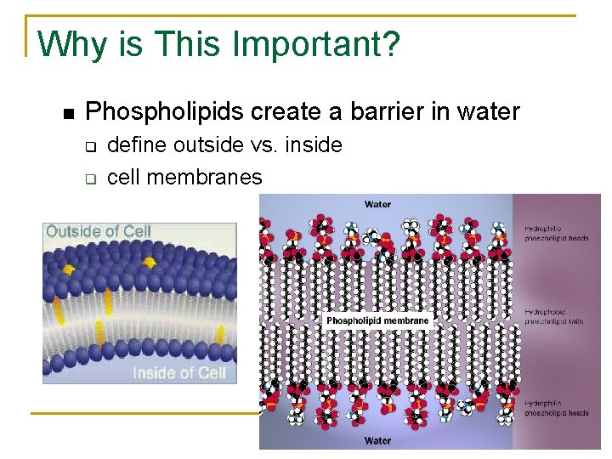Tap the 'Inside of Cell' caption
[178, 372]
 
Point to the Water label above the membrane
[377, 204]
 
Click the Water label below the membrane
[377, 440]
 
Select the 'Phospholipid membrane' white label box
[378, 321]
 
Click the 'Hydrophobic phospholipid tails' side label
[554, 317]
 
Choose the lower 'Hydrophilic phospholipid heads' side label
[555, 408]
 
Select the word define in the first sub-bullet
[138, 145]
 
